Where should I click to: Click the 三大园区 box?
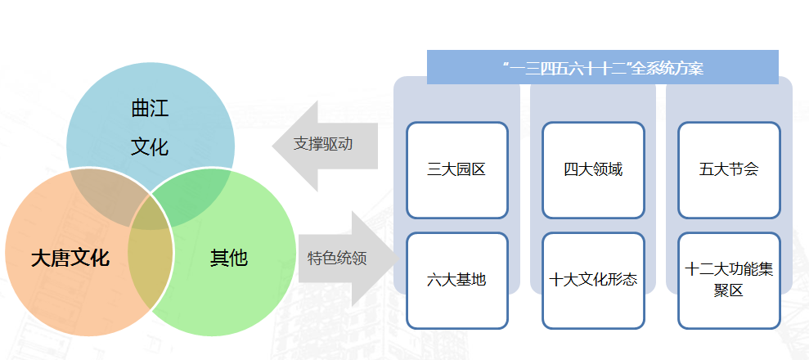tap(457, 169)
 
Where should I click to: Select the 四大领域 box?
tap(593, 169)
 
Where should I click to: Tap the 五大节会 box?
tap(729, 169)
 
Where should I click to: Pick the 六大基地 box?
tap(457, 281)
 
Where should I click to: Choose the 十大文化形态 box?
tap(593, 281)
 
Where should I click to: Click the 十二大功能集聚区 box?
tap(729, 281)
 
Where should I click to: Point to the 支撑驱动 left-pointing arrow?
tap(325, 146)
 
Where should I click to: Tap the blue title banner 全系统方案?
tap(603, 67)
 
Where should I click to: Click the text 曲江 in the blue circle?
tap(151, 109)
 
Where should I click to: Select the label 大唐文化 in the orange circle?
tap(70, 258)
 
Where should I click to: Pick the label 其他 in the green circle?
tap(228, 258)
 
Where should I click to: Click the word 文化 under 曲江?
tap(151, 147)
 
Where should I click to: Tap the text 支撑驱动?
tap(323, 144)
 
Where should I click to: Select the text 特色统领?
tap(338, 258)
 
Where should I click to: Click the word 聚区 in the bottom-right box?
tap(729, 290)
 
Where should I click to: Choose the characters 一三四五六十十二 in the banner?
tap(568, 68)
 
